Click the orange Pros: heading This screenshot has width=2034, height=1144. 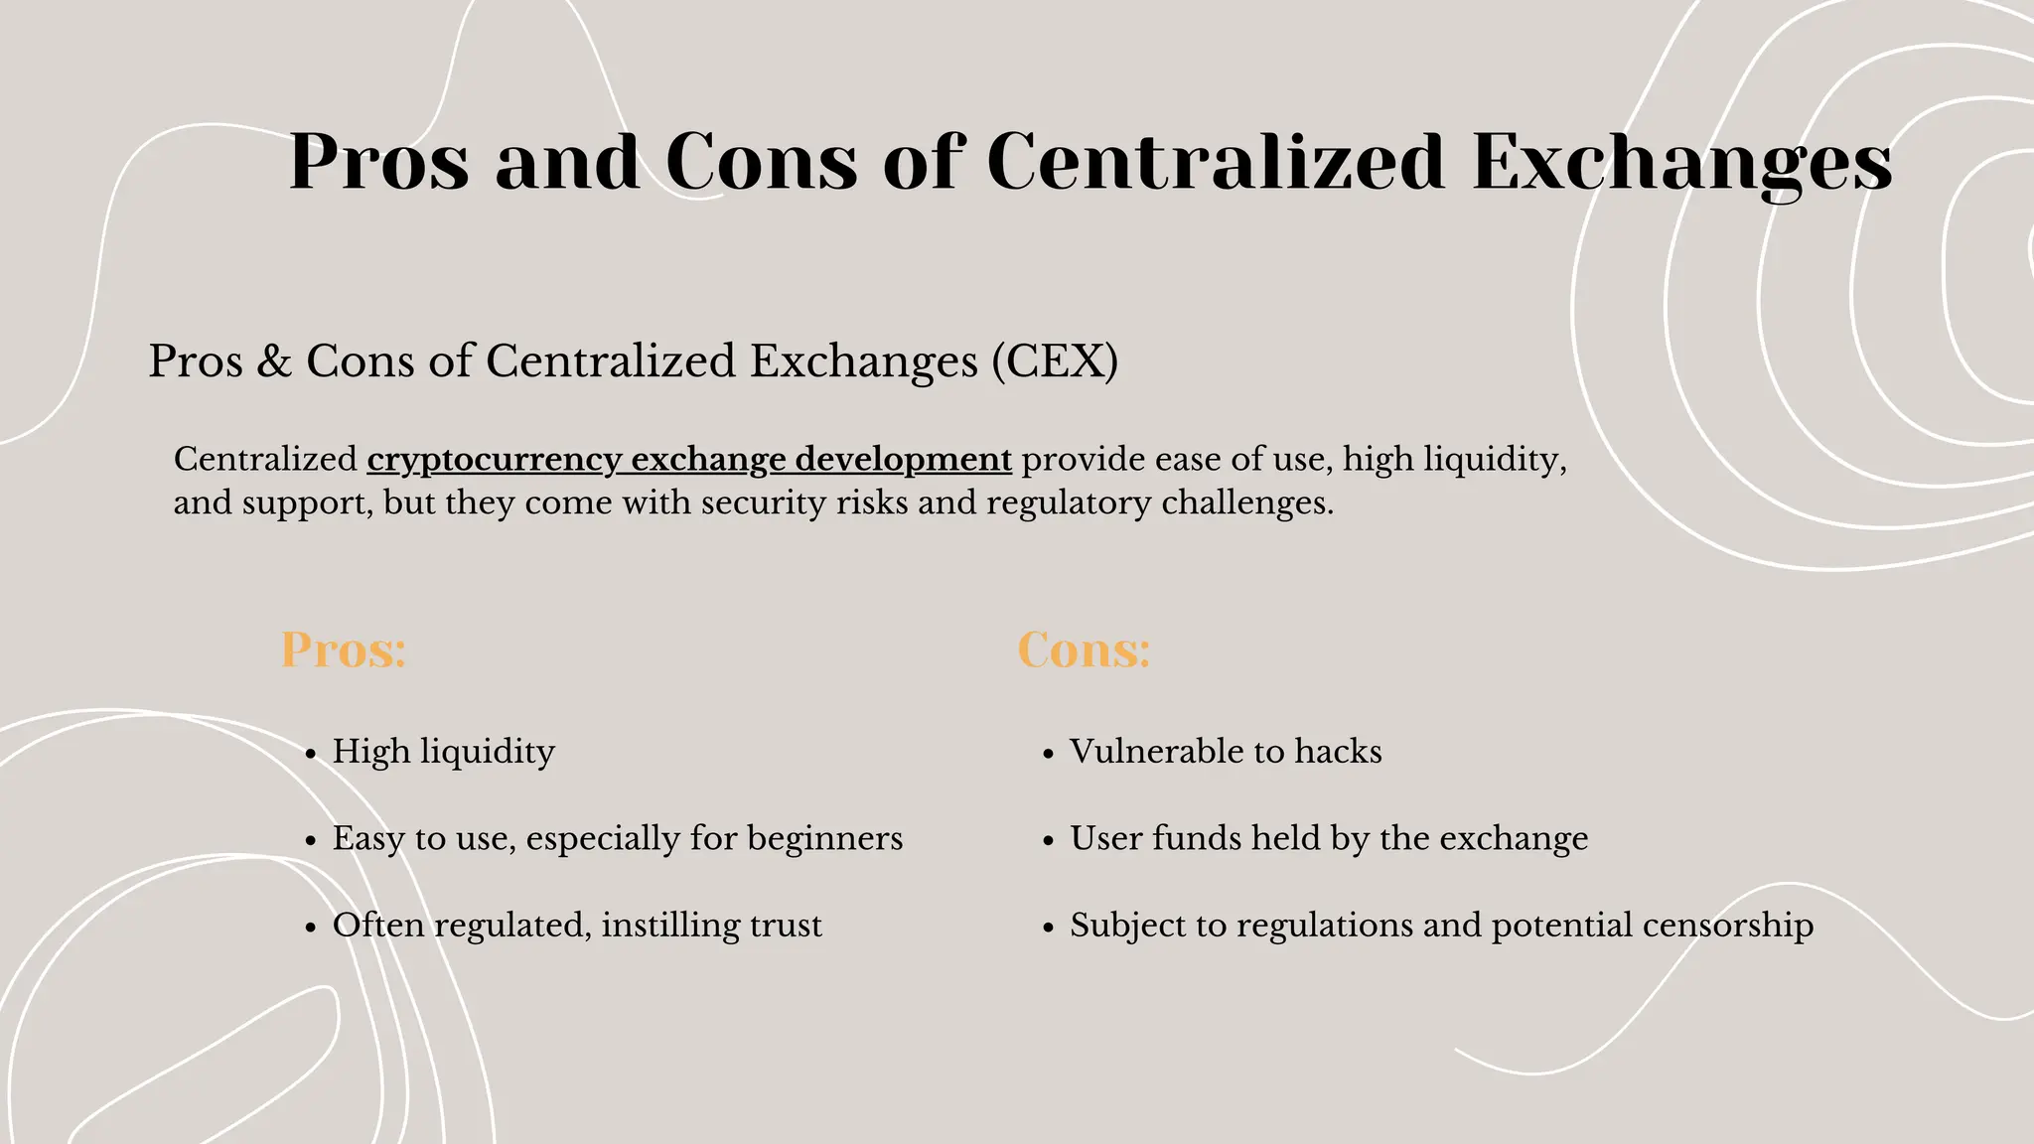coord(344,650)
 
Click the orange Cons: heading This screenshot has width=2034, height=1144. coord(1084,650)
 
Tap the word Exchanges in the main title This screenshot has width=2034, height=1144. coord(1682,162)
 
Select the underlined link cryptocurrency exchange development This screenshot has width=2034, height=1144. coord(689,460)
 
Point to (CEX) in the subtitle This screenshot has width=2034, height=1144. coord(1055,360)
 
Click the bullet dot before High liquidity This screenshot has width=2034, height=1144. coord(311,755)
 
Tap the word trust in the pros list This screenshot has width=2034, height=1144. coord(786,926)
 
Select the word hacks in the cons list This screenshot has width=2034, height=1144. coord(1338,752)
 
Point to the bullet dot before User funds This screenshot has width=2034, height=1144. coord(1048,842)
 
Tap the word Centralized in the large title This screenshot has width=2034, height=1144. coord(1216,162)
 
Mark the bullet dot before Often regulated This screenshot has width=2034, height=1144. coord(311,929)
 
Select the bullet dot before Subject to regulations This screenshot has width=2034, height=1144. coord(1048,929)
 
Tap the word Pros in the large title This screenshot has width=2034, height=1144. coord(378,162)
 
